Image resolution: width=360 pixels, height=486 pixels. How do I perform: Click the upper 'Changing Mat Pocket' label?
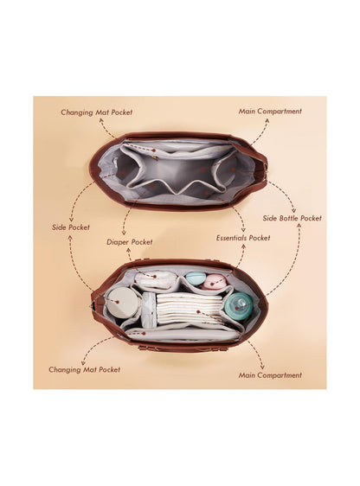coord(96,112)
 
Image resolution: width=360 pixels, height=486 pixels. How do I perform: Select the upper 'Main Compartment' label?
coord(270,112)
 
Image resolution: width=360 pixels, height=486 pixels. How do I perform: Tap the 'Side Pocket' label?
coord(71,227)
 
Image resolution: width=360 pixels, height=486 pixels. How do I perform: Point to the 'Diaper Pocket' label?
coord(130,242)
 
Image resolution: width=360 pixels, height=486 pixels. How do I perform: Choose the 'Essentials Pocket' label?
coord(243,238)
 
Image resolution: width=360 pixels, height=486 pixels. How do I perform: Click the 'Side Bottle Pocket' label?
coord(292,218)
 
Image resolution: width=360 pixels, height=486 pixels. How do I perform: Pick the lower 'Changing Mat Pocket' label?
coord(84,369)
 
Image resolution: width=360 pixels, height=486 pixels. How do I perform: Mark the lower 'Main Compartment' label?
coord(270,375)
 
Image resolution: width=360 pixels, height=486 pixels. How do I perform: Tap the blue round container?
coord(195,278)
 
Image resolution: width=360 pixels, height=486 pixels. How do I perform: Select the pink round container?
coord(215,281)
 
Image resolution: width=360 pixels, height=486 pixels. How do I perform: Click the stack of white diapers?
coord(190,309)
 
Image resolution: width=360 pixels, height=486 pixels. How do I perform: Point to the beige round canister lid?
coord(123,303)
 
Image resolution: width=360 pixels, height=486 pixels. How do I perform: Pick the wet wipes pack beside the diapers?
coord(149,310)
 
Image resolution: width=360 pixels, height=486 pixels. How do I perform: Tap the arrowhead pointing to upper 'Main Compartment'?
coord(267,120)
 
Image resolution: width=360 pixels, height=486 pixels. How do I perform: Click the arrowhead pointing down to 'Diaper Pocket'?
coord(124,233)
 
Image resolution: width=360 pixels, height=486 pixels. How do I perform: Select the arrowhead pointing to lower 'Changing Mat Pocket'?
coord(83,362)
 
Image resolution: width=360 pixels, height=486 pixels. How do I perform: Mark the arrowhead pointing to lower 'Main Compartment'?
coord(262,367)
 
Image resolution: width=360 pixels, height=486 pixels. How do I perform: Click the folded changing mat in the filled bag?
coord(183,335)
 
